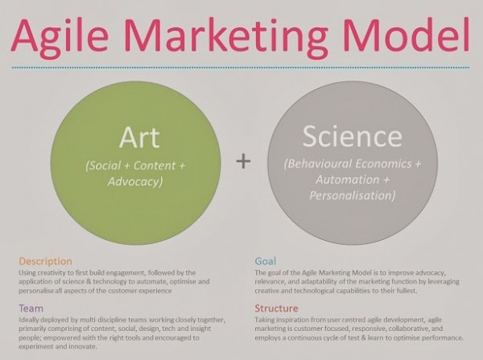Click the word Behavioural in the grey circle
click(327, 165)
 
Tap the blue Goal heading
click(266, 262)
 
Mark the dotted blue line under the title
click(242, 68)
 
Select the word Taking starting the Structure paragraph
click(267, 320)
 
